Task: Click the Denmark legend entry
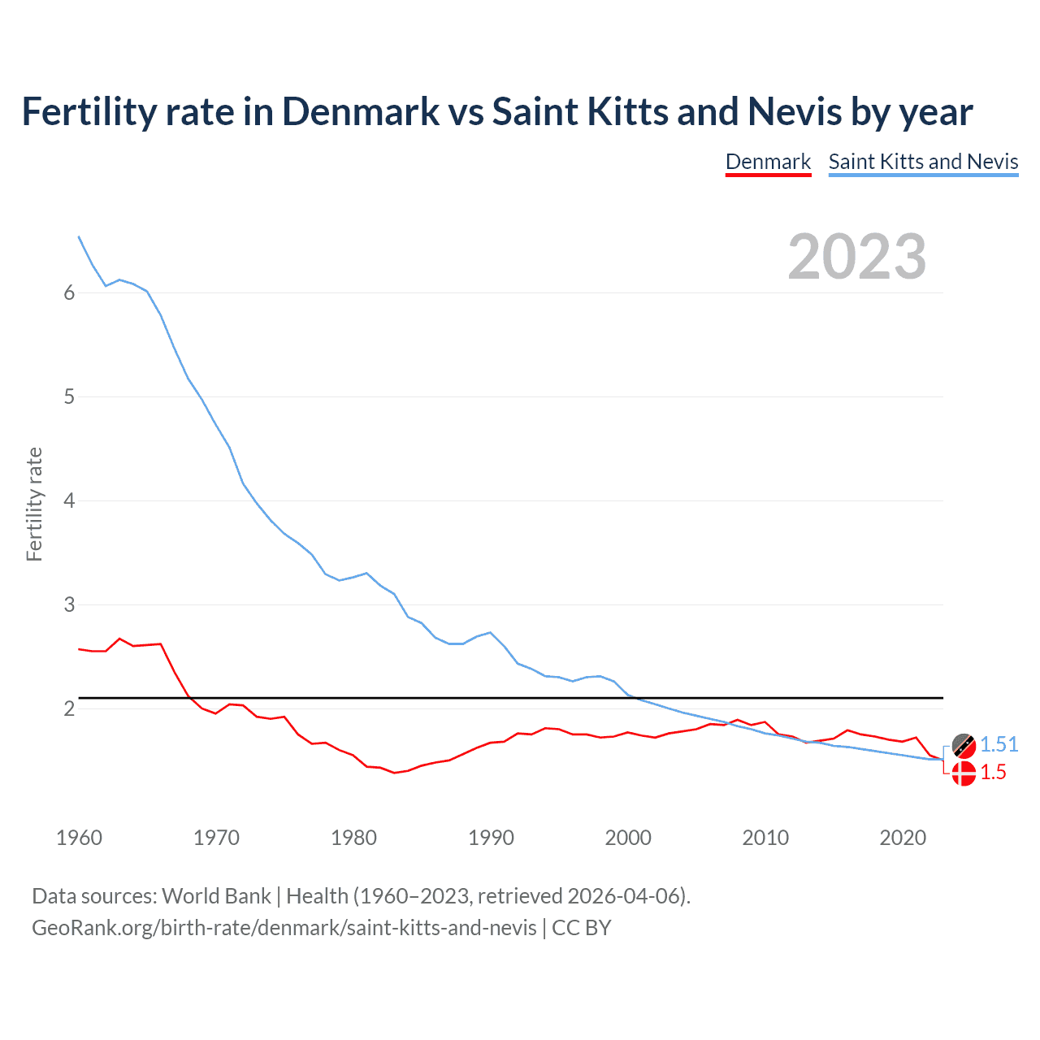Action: (768, 162)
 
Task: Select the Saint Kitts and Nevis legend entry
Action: (923, 162)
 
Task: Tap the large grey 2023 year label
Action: (857, 257)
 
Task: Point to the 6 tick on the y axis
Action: (69, 293)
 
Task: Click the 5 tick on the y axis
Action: (69, 397)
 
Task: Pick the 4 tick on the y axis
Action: (69, 501)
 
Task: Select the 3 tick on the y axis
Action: (69, 605)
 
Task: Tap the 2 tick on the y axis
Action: (69, 709)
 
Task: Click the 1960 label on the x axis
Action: (79, 838)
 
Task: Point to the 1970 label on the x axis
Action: (216, 838)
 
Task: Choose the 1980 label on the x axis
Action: (353, 838)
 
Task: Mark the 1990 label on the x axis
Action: (491, 838)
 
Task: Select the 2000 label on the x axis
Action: (628, 838)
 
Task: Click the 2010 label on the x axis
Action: (765, 838)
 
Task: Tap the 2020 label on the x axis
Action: (903, 838)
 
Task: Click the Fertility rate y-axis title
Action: (34, 504)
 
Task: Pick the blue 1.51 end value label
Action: (999, 744)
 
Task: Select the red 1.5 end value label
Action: (993, 773)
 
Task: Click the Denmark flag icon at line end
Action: (964, 773)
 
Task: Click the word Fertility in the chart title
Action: (88, 111)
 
